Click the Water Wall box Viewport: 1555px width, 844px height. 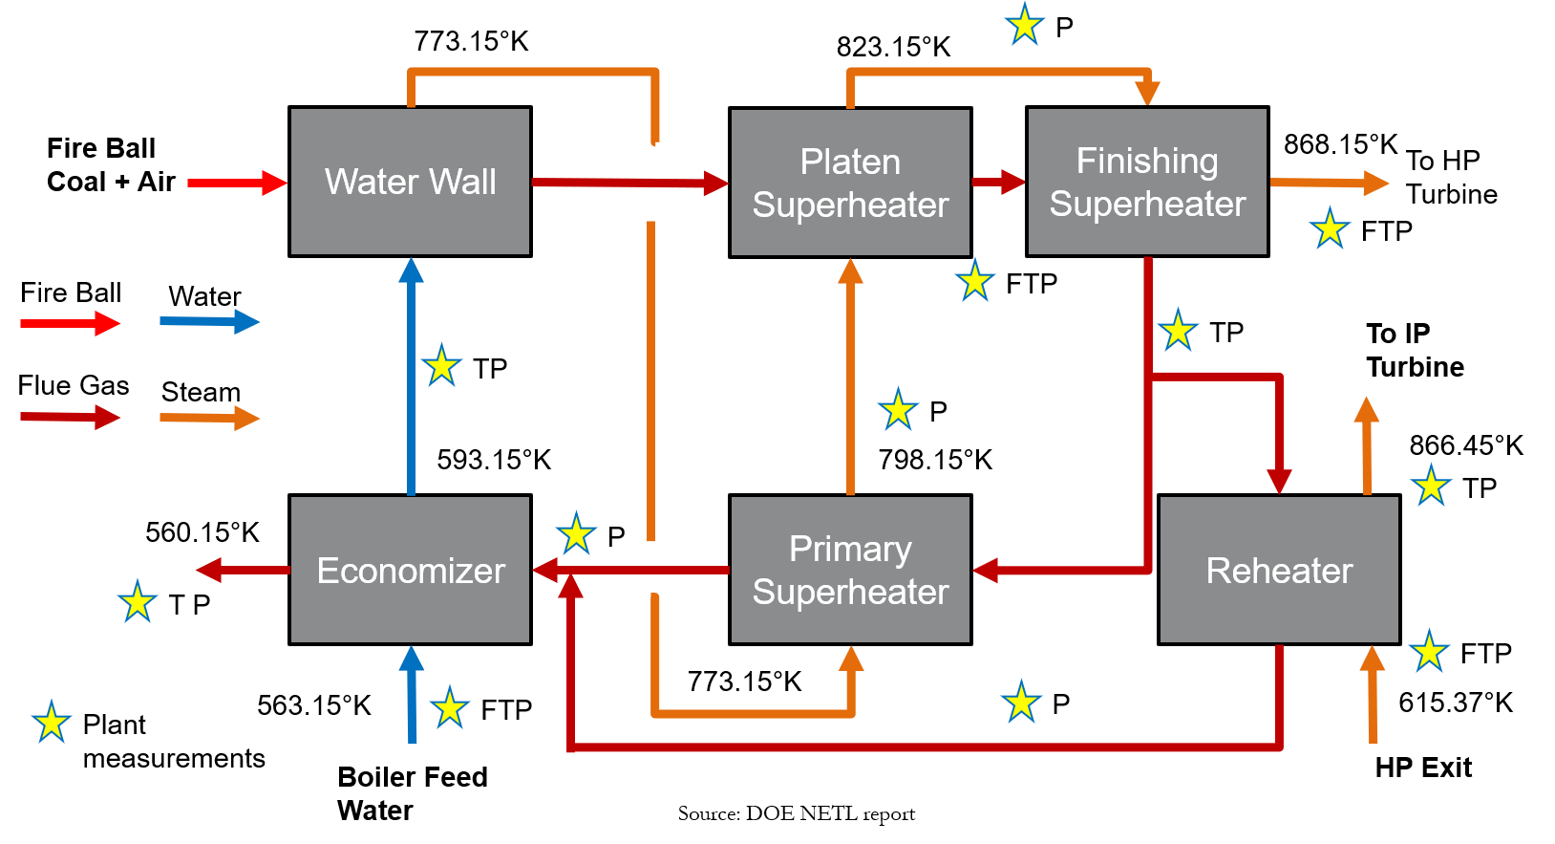coord(410,182)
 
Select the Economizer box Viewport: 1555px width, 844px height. coord(410,570)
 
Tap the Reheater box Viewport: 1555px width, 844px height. coord(1279,570)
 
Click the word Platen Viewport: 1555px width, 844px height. coord(850,162)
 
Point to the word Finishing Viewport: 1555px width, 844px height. coord(1147,161)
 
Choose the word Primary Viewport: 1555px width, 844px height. coord(850,549)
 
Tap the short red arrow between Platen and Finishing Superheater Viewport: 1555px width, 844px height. coord(998,182)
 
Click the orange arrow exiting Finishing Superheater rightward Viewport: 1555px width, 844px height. coord(1329,183)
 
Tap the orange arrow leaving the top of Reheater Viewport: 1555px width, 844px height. coord(1367,444)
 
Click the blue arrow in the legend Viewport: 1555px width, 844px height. coord(209,322)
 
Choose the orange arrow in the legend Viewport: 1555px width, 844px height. coord(209,418)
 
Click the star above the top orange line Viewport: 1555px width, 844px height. coord(1025,25)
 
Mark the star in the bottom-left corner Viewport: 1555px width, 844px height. coord(52,722)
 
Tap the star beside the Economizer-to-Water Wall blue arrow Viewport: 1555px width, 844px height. coord(441,365)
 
